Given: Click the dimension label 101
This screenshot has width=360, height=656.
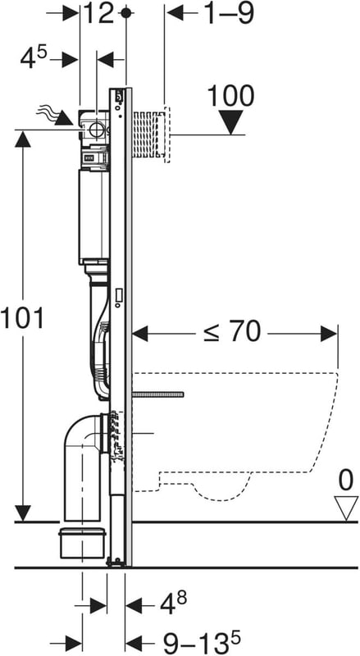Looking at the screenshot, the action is point(22,318).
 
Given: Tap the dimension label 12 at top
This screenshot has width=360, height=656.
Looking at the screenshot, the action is point(98,13).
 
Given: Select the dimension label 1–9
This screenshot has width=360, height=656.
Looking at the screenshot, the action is point(228,13).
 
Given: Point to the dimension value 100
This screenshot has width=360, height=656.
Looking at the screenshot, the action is point(230,96).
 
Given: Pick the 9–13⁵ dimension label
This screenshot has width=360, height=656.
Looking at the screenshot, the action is point(202,643).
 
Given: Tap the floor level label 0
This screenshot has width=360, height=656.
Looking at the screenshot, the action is point(346,481).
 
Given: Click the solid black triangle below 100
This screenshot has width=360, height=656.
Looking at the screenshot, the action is point(230,122).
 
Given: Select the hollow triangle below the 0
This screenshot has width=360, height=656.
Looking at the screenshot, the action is point(346,508).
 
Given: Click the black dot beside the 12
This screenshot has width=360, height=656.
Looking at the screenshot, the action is point(126,13).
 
